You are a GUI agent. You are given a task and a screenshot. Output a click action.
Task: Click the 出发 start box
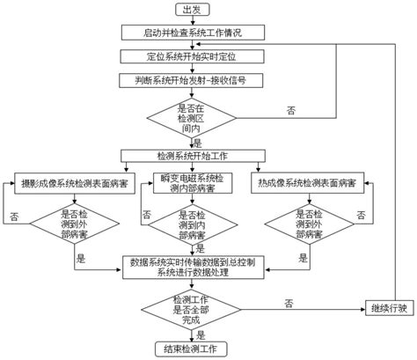[193, 10]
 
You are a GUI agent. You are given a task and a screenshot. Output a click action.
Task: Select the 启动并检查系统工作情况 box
[192, 33]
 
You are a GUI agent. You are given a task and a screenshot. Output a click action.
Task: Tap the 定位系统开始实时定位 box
[192, 55]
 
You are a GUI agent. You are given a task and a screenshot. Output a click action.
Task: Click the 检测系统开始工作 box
[192, 155]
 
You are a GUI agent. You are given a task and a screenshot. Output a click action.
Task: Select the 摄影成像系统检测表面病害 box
[75, 184]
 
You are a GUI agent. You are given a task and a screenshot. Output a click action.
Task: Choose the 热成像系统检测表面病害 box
[307, 184]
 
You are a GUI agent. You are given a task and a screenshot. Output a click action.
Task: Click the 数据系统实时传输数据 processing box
[192, 267]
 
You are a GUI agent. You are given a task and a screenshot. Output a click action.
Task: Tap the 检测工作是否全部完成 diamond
[192, 308]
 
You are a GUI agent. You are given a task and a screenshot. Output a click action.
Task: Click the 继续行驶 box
[388, 308]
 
